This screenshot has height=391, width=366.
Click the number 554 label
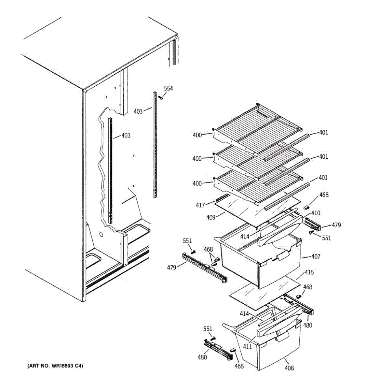click(x=168, y=89)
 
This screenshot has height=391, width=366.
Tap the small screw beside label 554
click(x=161, y=97)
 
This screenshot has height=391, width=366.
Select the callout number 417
click(x=200, y=205)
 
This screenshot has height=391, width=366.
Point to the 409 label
click(x=211, y=217)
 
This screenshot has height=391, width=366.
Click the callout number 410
click(x=316, y=213)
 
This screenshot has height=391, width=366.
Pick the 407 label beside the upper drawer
click(x=316, y=256)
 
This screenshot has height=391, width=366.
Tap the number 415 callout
click(x=309, y=272)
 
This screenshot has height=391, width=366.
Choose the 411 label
click(x=247, y=347)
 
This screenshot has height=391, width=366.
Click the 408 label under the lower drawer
click(x=289, y=368)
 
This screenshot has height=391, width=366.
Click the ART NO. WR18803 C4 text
click(x=55, y=366)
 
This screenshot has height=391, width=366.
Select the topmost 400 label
click(x=197, y=135)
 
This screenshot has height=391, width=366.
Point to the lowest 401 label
click(x=323, y=178)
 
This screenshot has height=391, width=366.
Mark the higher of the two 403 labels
click(x=138, y=111)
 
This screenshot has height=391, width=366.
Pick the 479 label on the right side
click(x=336, y=225)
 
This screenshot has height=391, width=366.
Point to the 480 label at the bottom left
click(x=202, y=357)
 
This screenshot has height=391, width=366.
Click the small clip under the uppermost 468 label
click(x=306, y=207)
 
